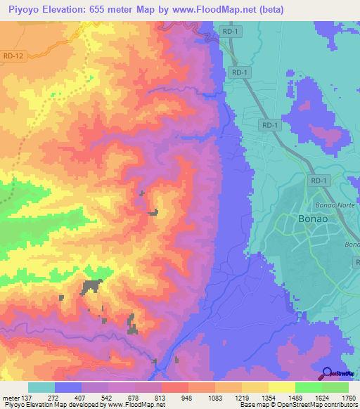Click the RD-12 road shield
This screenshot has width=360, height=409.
tap(13, 56)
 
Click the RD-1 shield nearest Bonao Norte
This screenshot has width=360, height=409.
tap(319, 181)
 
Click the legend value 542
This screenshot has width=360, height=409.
tap(108, 397)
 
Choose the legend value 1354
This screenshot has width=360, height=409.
tap(268, 397)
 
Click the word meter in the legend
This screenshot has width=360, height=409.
tap(10, 397)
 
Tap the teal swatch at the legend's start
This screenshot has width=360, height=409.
tap(41, 387)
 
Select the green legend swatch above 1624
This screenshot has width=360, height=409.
tap(308, 387)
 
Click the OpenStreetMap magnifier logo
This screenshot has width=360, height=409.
tap(327, 373)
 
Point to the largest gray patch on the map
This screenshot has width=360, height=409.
tap(91, 286)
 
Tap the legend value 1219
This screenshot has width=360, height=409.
tap(241, 397)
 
